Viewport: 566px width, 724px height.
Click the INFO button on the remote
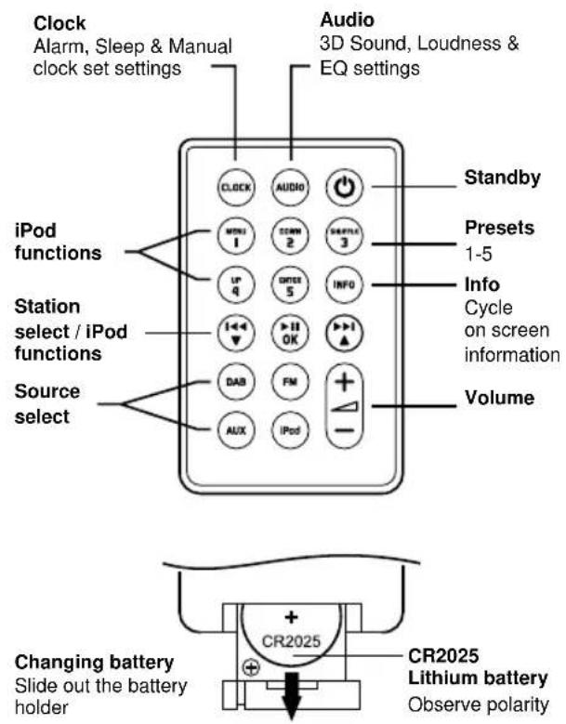tap(342, 283)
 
